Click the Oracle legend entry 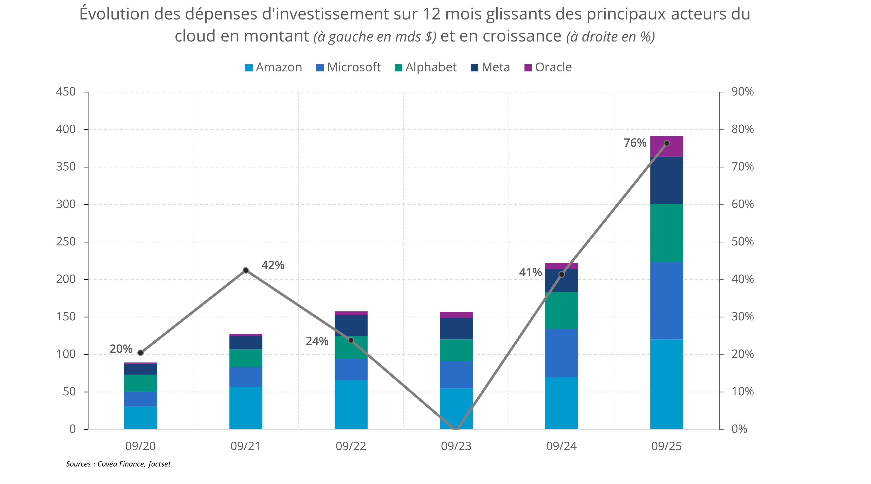(x=548, y=68)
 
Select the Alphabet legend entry (x=426, y=68)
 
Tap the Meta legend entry (x=490, y=68)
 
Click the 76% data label (x=635, y=143)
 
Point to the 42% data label (x=273, y=265)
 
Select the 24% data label (x=317, y=341)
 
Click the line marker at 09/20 (x=141, y=353)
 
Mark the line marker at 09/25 (x=667, y=143)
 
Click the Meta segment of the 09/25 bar (x=666, y=180)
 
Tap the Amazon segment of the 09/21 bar (x=246, y=408)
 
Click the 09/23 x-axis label (x=456, y=446)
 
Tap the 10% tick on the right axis (x=742, y=392)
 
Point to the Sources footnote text (x=118, y=464)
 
